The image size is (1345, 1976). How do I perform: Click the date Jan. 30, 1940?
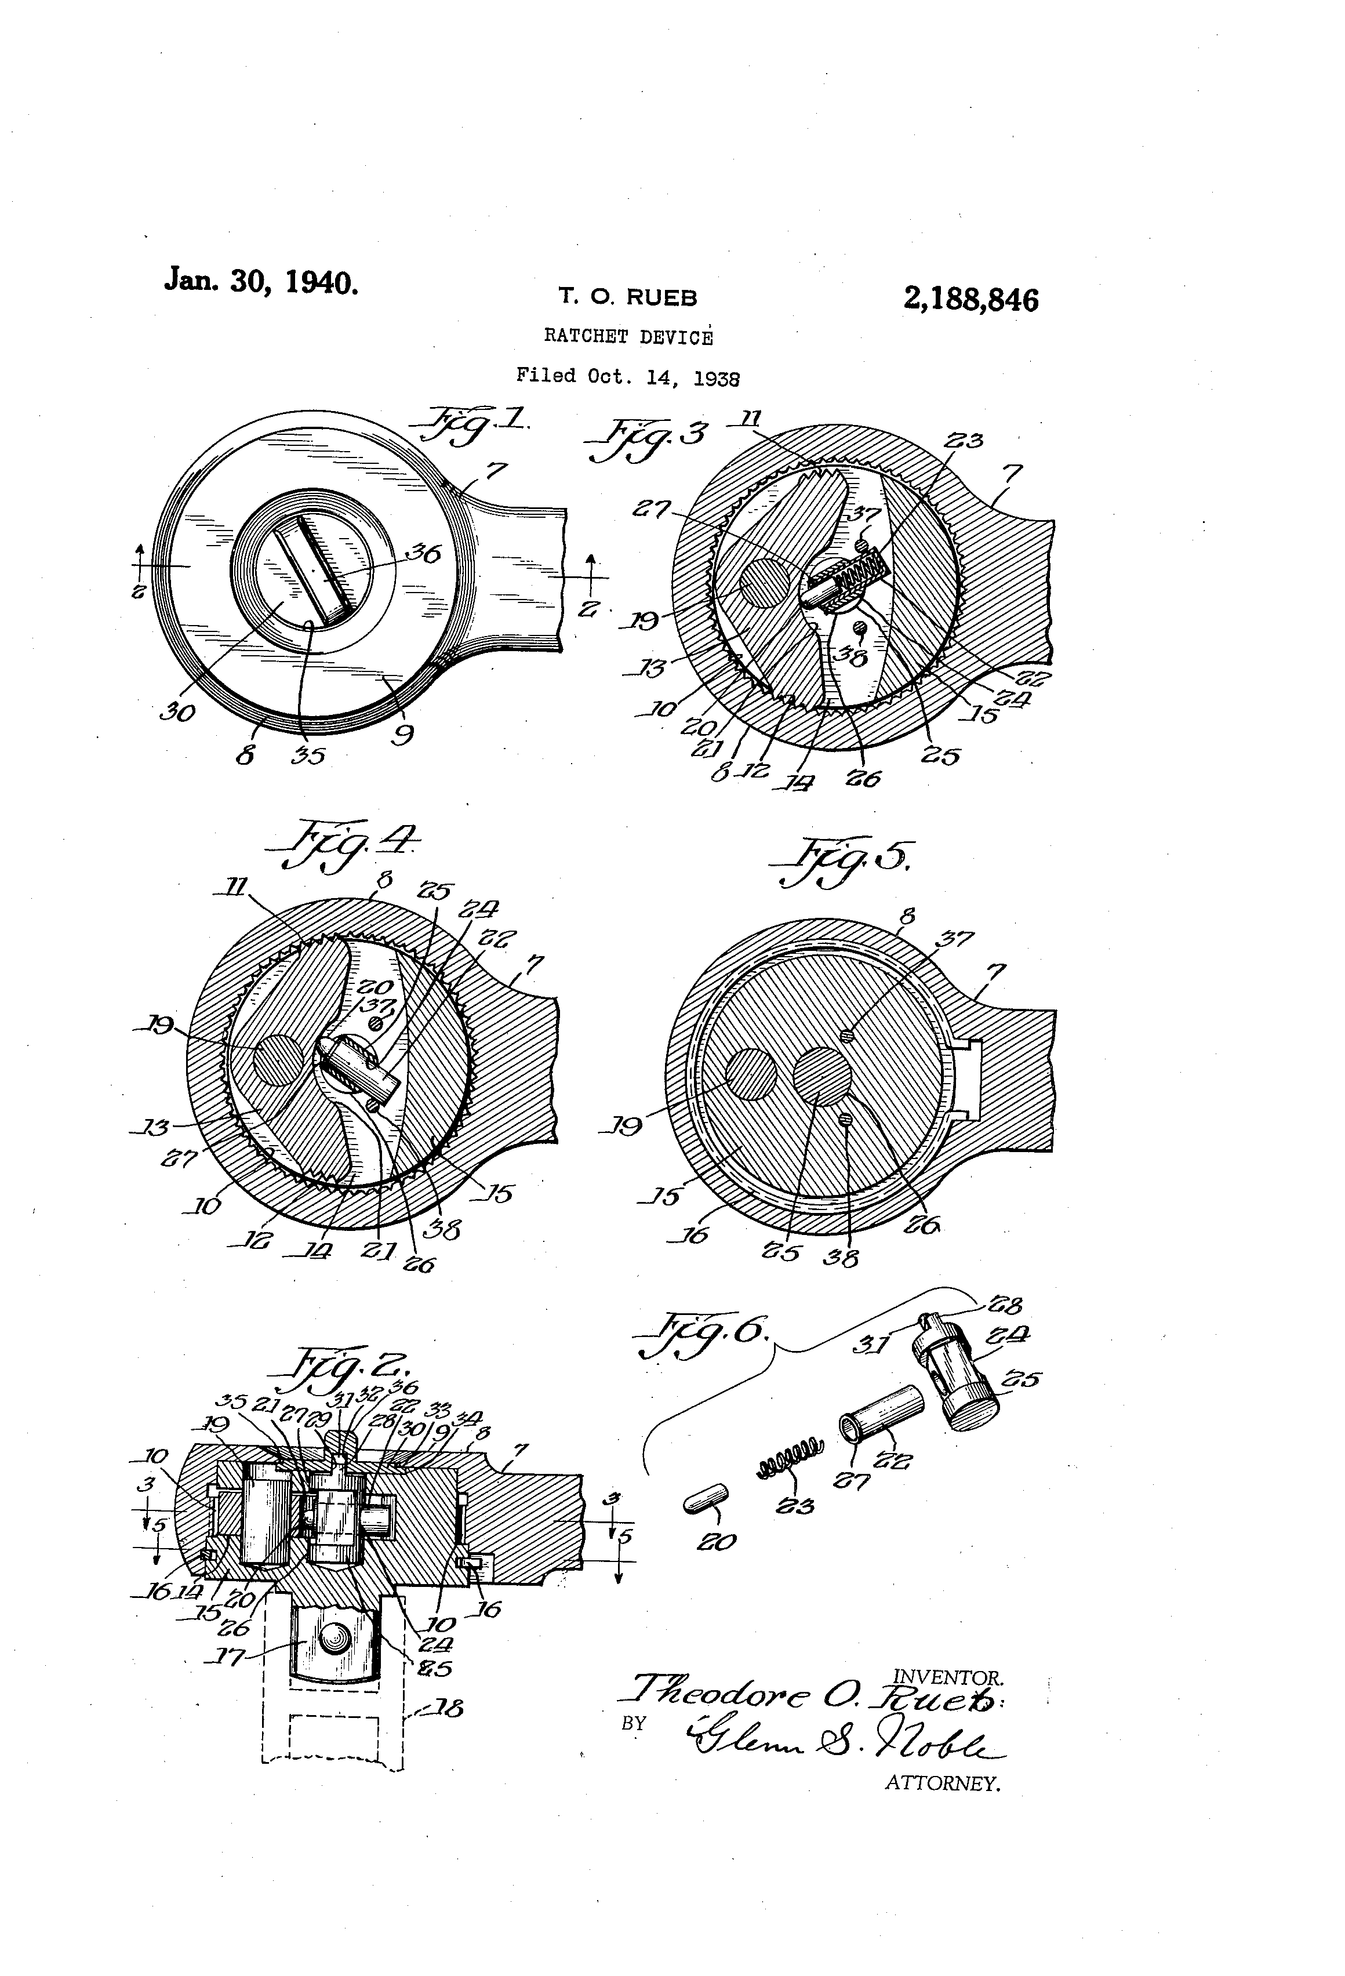point(261,281)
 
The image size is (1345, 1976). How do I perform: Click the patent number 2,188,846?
point(971,300)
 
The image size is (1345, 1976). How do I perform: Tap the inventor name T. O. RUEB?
point(627,297)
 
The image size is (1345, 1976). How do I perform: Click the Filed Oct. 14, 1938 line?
point(627,376)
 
